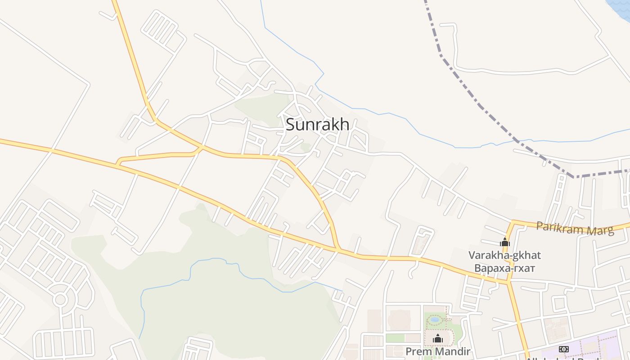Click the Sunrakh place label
317,124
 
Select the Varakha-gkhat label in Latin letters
504,255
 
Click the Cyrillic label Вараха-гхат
504,269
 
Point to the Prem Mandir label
437,351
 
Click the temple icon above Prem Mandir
437,338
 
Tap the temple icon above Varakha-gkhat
504,242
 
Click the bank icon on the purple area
563,349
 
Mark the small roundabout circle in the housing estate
60,299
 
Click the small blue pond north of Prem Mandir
434,319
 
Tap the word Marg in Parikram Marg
599,230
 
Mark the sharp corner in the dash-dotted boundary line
574,177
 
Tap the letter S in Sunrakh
291,124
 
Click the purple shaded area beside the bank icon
594,346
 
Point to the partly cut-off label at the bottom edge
562,358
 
